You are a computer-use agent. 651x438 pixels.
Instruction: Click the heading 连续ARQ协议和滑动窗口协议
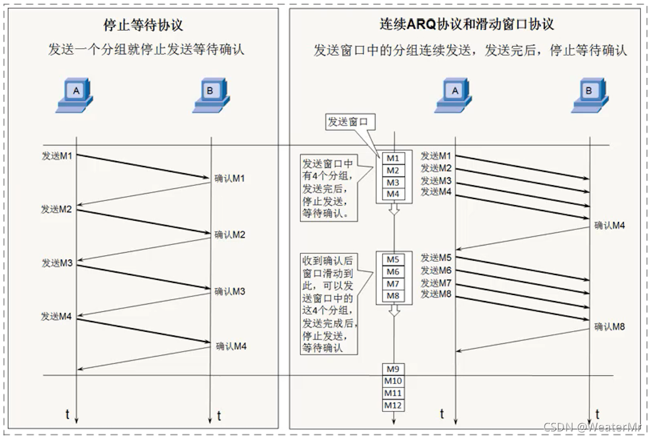467,25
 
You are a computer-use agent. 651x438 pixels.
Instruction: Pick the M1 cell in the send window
393,158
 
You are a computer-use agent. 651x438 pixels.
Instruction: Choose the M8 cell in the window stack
393,296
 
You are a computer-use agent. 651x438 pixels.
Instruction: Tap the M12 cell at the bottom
393,405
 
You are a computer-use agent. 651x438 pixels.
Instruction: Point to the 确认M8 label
609,327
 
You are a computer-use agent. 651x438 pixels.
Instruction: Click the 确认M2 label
230,235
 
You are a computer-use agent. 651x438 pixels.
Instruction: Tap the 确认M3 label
230,291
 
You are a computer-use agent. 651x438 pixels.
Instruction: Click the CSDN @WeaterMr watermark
593,427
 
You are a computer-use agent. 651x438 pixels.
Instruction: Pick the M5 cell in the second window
393,259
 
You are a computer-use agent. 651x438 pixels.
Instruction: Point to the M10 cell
393,381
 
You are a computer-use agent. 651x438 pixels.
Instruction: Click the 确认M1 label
230,179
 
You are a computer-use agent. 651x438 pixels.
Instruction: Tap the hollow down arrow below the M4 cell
393,209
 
